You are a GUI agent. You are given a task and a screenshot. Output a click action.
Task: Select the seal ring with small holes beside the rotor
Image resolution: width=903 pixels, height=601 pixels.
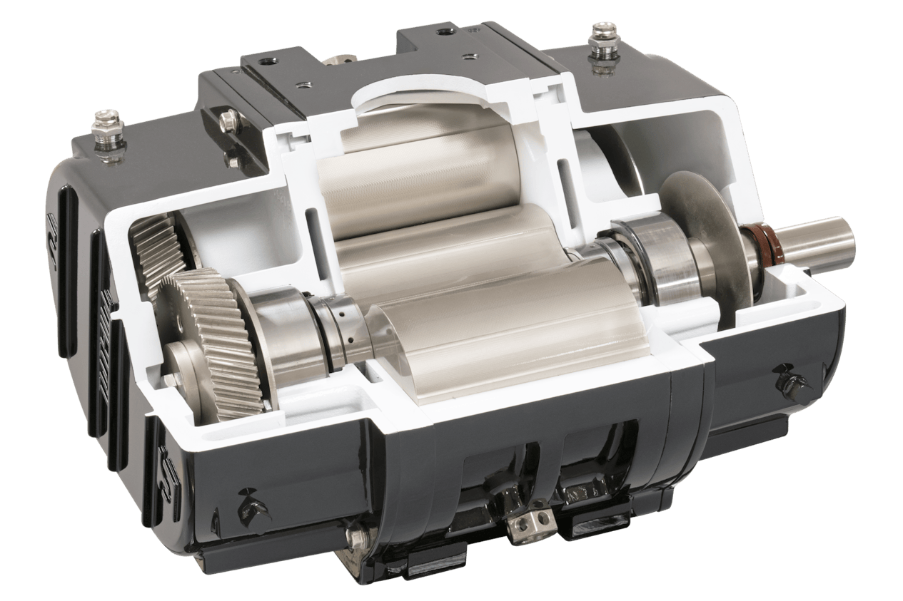(x=341, y=329)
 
